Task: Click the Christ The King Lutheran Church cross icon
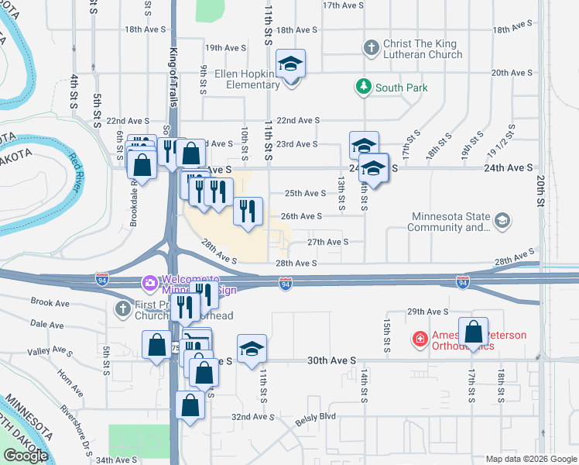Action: [x=370, y=47]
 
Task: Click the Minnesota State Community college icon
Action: [x=502, y=222]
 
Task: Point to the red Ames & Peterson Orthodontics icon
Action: [x=419, y=339]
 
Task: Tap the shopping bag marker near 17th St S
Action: [x=474, y=332]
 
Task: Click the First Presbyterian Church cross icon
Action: [x=123, y=309]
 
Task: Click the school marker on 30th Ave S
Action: [x=252, y=349]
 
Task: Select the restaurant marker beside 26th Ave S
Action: [x=248, y=212]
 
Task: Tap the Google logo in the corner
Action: [x=26, y=456]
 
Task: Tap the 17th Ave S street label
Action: [x=342, y=5]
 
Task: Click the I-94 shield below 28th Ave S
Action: [x=285, y=286]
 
